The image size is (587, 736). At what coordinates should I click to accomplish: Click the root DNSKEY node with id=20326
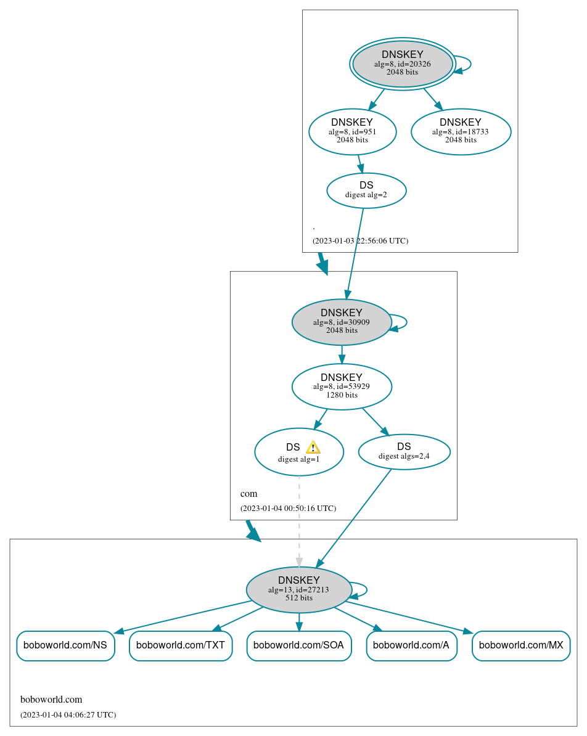(402, 63)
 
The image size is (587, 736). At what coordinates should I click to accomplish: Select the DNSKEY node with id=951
(352, 131)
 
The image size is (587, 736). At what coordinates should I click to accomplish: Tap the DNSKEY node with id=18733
(461, 131)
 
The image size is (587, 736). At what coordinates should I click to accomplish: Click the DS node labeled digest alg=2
(366, 190)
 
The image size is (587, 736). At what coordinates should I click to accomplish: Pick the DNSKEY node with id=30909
(342, 322)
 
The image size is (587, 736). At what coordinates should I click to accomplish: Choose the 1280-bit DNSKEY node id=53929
(342, 386)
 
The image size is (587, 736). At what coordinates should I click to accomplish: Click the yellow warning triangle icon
(313, 448)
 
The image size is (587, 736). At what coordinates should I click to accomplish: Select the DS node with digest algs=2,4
(404, 451)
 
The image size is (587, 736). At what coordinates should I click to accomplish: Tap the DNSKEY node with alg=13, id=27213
(298, 589)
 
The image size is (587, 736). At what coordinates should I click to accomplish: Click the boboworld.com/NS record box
(65, 645)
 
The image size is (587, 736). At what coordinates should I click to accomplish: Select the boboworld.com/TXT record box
(181, 645)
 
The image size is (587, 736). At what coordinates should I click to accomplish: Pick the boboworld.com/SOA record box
(298, 645)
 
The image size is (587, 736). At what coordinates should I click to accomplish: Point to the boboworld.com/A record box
(411, 645)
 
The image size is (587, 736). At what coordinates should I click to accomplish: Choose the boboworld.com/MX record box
(521, 645)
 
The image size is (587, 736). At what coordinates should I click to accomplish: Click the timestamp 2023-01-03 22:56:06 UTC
(360, 240)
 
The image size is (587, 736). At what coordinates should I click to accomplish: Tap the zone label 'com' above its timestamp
(248, 494)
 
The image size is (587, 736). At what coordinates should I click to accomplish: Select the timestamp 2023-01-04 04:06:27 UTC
(68, 714)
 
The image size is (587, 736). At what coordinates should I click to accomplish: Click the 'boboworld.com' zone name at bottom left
(51, 700)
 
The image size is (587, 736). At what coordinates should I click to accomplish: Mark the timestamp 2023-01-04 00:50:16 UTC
(288, 509)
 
